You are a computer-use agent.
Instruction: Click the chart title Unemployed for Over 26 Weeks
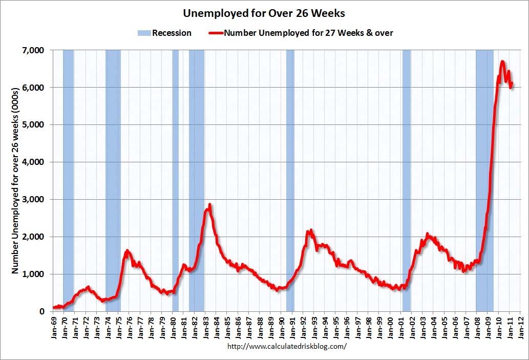coord(264,13)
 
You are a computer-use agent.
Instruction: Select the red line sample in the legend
coord(215,33)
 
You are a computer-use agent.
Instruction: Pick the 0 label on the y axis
coord(41,311)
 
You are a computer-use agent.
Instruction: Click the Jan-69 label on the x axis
coord(55,326)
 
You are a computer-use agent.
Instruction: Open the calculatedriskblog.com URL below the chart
coord(287,346)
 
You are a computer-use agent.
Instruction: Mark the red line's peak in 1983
coord(209,205)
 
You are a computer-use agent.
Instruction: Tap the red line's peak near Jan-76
coord(127,251)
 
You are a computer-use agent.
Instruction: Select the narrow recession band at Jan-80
coord(175,179)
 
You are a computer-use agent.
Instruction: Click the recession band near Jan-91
coord(290,179)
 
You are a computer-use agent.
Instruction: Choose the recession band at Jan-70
coord(68,179)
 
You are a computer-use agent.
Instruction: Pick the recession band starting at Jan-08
coord(484,179)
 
